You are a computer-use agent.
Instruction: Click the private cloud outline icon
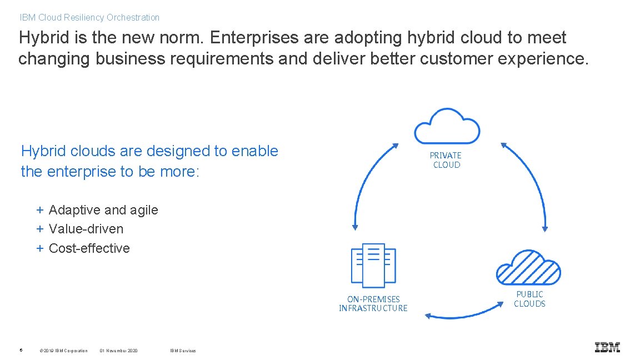tap(447, 126)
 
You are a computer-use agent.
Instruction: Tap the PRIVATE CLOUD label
tap(446, 160)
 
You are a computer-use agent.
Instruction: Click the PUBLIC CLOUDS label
tap(529, 299)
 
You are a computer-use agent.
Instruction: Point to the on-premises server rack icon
tap(373, 265)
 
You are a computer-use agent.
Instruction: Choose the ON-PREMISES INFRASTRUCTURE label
tap(373, 303)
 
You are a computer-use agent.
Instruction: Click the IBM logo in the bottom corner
tap(607, 347)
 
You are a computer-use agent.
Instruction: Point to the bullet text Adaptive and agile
tap(103, 210)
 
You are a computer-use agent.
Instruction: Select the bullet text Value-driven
tap(86, 229)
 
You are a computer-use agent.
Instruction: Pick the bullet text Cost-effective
tap(89, 248)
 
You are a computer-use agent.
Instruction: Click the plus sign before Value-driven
tap(40, 229)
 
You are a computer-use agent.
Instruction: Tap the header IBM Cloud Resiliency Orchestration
tap(89, 17)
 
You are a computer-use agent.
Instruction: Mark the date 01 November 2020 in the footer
tap(118, 351)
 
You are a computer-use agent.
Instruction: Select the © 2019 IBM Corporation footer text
tap(64, 351)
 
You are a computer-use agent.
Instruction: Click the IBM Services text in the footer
tap(183, 351)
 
